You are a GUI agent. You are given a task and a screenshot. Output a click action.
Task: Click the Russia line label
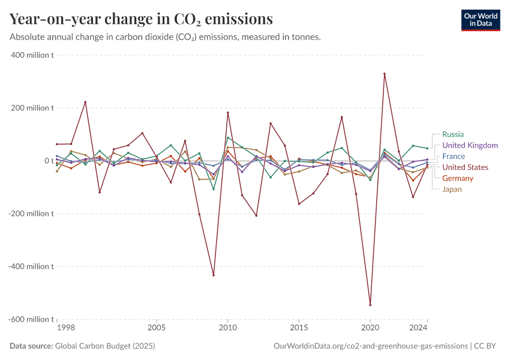(x=452, y=134)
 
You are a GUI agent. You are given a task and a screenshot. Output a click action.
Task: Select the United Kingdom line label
(x=470, y=145)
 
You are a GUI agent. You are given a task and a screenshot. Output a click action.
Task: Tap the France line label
(x=453, y=156)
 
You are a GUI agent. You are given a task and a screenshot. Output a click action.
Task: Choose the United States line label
(x=465, y=167)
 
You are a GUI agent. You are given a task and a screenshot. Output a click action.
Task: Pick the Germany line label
(x=457, y=178)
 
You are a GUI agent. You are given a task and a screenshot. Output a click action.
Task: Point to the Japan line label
(x=452, y=190)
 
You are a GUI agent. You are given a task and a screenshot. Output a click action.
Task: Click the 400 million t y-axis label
(x=32, y=55)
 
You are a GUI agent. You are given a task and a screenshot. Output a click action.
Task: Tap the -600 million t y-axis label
(x=31, y=319)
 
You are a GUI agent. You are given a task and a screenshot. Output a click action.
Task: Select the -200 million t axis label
(x=31, y=214)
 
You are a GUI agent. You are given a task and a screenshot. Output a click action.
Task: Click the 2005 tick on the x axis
(x=156, y=328)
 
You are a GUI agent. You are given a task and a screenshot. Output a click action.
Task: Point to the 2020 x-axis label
(x=370, y=328)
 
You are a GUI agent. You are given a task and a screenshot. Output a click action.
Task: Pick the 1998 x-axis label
(x=65, y=328)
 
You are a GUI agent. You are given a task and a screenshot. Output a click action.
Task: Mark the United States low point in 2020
(x=370, y=305)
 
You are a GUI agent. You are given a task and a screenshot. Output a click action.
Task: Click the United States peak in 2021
(x=385, y=74)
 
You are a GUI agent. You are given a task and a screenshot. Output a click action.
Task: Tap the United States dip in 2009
(x=214, y=275)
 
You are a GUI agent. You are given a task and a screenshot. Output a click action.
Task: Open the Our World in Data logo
(x=480, y=19)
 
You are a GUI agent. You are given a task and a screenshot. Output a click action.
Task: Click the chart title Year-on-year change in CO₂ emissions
(x=141, y=19)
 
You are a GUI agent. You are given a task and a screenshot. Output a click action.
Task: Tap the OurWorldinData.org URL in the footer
(x=370, y=346)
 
